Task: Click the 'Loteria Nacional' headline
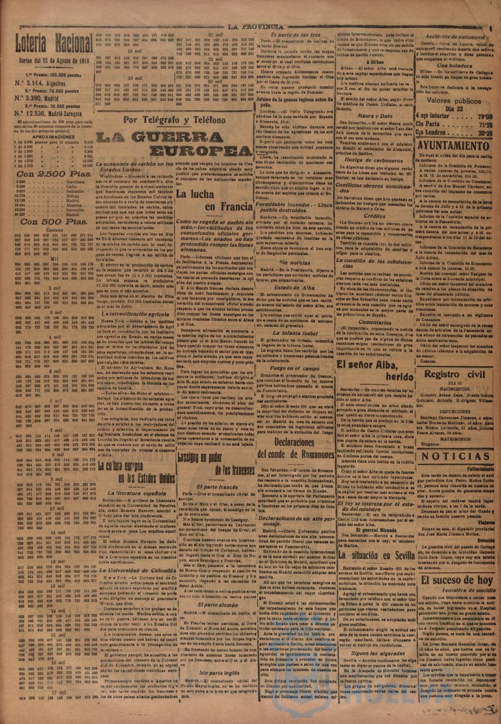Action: [54, 42]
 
